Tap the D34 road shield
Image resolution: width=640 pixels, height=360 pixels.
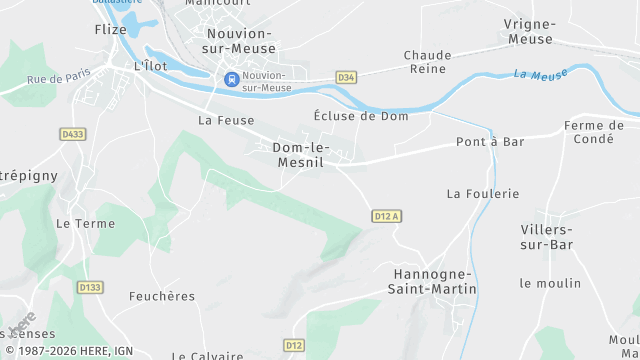(x=346, y=77)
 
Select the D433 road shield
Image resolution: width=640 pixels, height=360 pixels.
(x=72, y=133)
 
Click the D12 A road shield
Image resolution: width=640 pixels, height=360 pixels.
(x=386, y=215)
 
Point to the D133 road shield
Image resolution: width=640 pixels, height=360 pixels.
(x=90, y=287)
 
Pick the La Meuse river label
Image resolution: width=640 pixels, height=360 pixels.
(x=540, y=74)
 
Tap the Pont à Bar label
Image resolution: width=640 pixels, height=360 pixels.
(x=490, y=142)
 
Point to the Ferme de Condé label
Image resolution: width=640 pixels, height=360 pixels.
(x=594, y=132)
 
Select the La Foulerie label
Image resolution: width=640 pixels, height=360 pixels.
(x=483, y=193)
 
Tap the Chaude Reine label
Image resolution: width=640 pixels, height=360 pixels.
(x=428, y=62)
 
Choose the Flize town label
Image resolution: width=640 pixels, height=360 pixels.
(x=110, y=30)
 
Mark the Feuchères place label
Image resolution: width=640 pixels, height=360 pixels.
(x=162, y=296)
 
